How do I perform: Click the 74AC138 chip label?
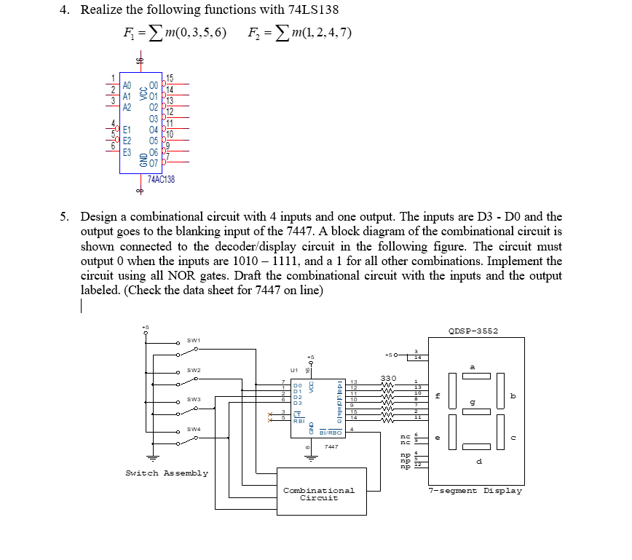[161, 178]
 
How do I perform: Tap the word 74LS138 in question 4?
[314, 10]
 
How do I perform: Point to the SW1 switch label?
[193, 340]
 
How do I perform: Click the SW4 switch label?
[193, 429]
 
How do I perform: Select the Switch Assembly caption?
[167, 473]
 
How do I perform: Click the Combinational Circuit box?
[318, 494]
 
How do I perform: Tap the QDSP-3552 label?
[474, 331]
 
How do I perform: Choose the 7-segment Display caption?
[475, 491]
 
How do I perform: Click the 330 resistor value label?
[388, 377]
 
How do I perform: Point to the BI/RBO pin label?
[331, 433]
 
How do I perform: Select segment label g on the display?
[473, 401]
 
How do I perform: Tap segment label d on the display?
[478, 462]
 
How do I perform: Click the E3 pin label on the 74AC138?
[127, 152]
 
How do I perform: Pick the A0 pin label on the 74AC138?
[127, 85]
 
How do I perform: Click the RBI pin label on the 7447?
[299, 420]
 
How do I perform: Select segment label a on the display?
[473, 367]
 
